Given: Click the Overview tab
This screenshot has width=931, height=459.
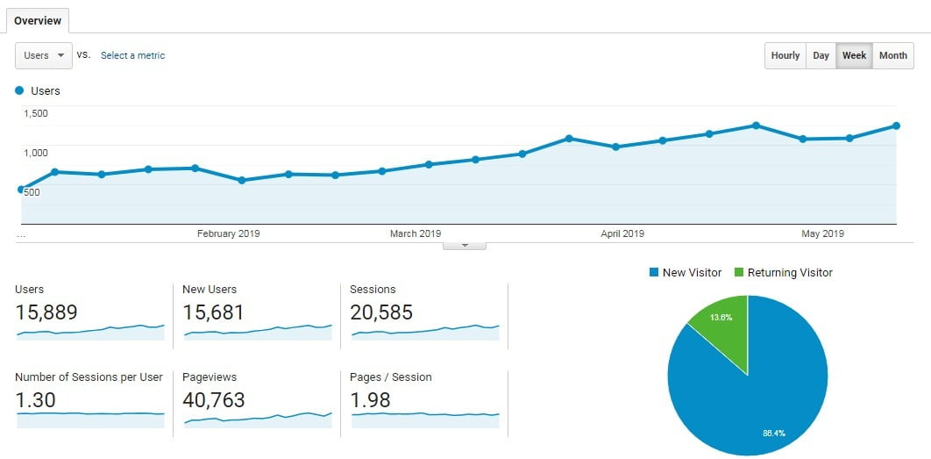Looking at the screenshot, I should (37, 20).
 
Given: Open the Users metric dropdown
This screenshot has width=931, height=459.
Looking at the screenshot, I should (43, 55).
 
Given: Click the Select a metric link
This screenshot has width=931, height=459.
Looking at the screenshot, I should (132, 55).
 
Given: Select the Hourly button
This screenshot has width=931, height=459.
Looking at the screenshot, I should (785, 55).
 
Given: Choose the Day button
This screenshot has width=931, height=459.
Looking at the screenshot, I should (821, 55).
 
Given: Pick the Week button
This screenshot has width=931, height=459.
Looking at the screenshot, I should (854, 55).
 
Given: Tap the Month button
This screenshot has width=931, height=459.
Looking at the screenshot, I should (892, 55).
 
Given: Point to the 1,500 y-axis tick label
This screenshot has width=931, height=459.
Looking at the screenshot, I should (36, 113).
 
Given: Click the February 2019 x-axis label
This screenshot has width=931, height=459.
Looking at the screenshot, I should (228, 233).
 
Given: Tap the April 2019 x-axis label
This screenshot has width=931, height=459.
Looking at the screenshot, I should (622, 233).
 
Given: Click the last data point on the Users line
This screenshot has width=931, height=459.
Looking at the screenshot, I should (896, 126).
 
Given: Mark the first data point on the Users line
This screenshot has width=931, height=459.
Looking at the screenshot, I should (21, 189).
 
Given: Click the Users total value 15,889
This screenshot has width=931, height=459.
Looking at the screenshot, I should (46, 312).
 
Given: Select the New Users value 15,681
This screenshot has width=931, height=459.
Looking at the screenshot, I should (213, 312).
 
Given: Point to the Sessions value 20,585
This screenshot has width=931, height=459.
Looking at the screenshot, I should (380, 312).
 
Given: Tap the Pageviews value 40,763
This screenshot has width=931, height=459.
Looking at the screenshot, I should (213, 400).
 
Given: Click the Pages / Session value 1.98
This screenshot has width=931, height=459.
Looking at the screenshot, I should (371, 400).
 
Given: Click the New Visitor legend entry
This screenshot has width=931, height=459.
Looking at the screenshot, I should (685, 273).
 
